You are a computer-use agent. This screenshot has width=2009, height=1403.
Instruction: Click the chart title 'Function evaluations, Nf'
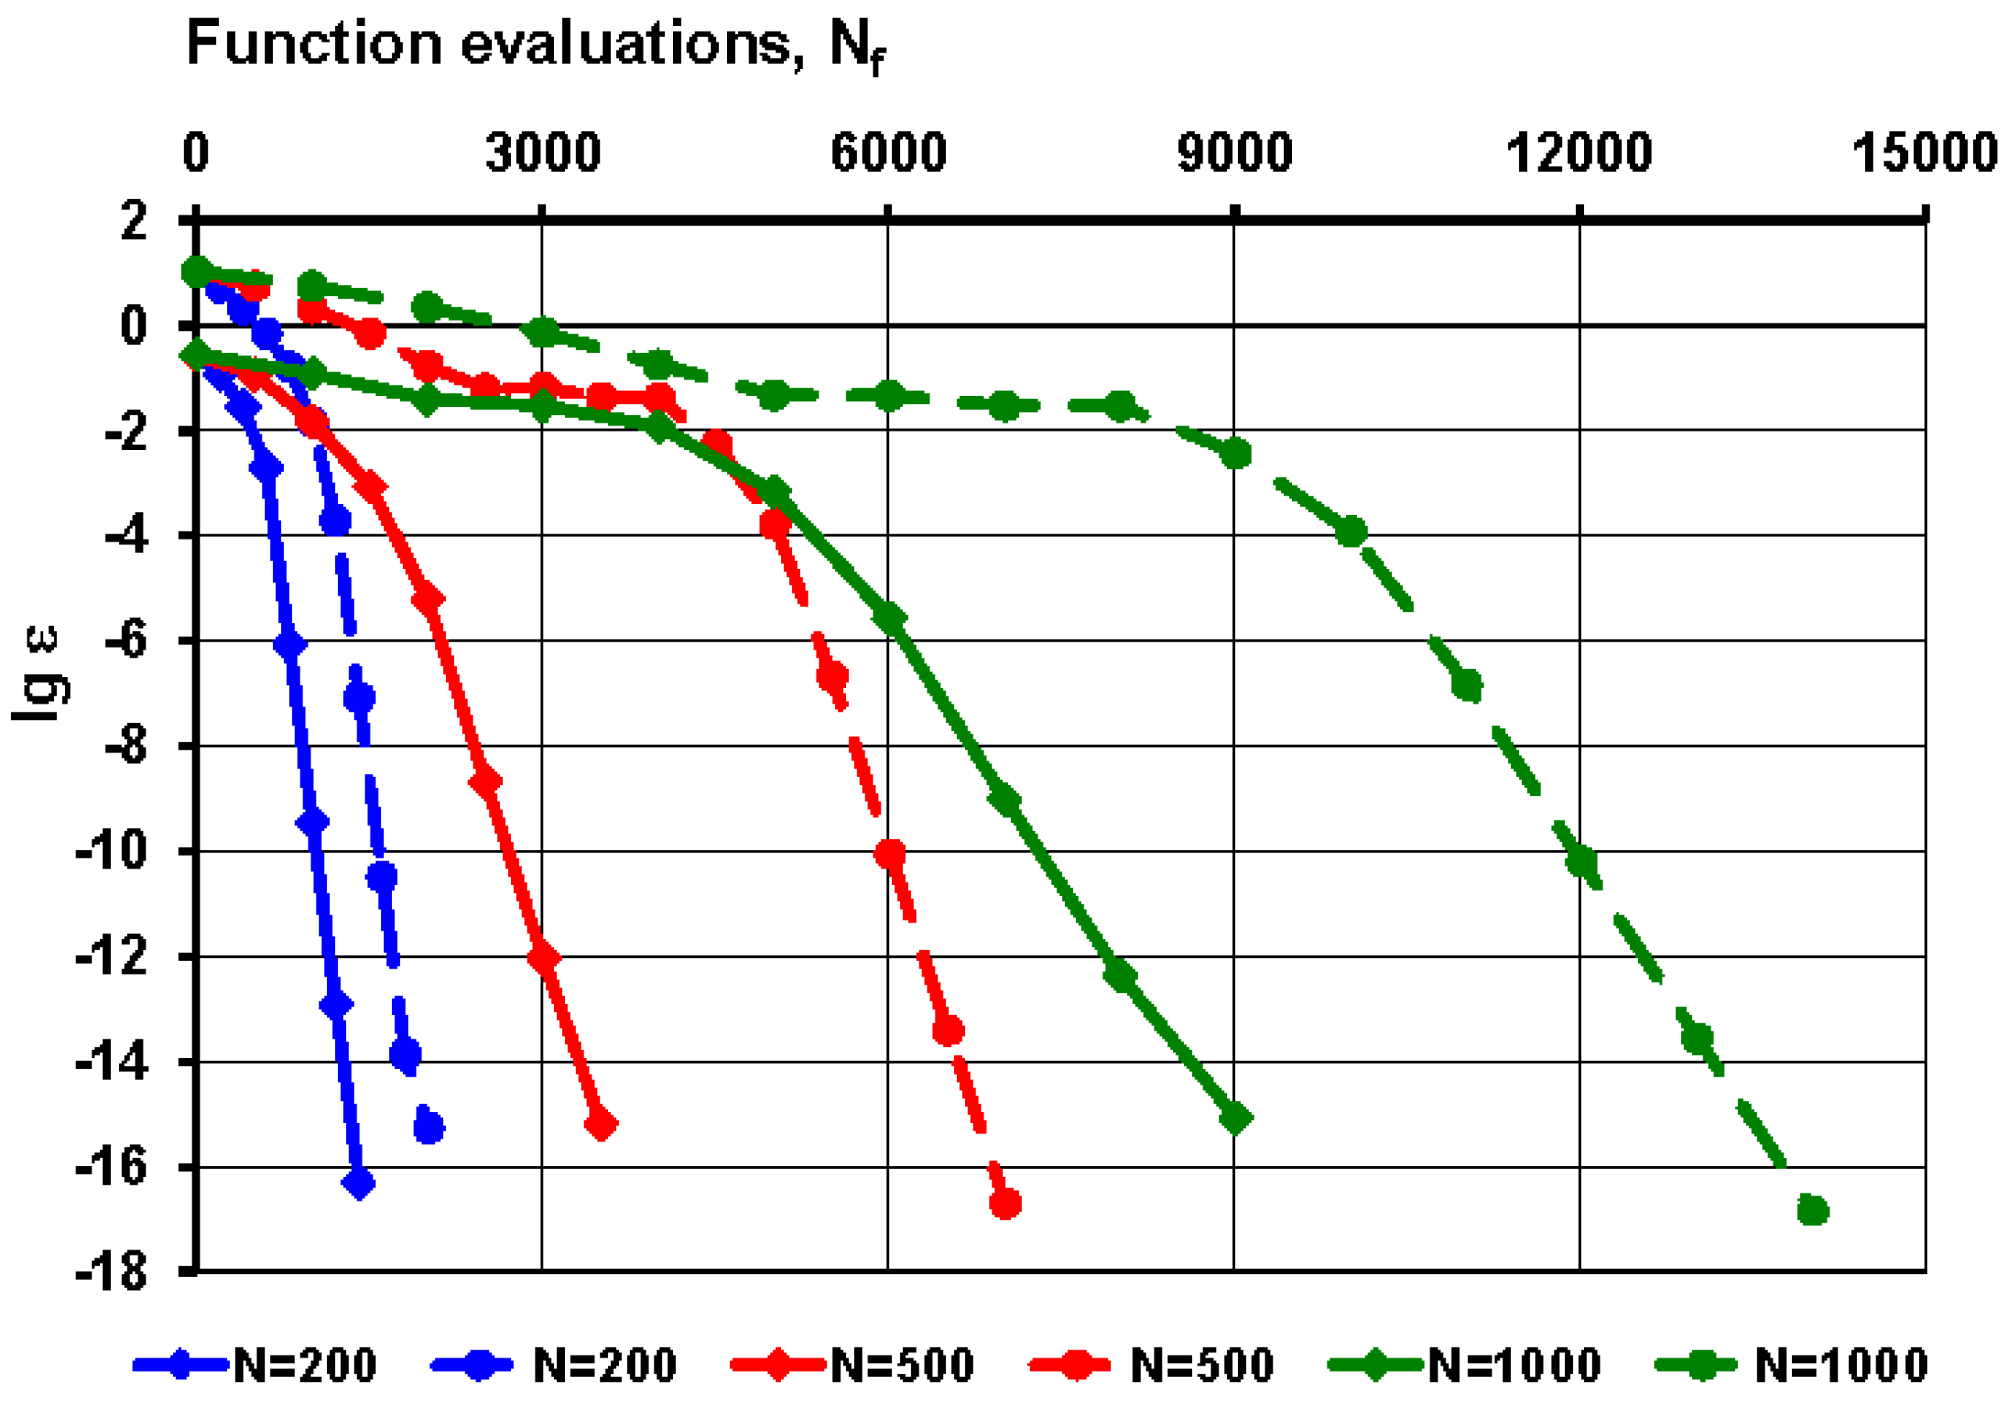tap(535, 44)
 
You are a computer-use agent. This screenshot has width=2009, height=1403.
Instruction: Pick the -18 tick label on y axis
tap(112, 1271)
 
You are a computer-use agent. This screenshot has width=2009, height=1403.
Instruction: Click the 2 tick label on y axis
tap(134, 220)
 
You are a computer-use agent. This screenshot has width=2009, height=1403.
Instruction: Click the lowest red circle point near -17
tap(1005, 1203)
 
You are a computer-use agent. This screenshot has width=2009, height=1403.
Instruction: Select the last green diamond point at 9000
tap(1234, 1118)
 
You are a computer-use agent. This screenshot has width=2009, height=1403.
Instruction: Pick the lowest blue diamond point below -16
tap(359, 1183)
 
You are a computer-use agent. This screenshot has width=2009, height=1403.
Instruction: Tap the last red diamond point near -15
tap(601, 1125)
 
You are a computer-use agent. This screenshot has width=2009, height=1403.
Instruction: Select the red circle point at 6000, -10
tap(890, 853)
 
